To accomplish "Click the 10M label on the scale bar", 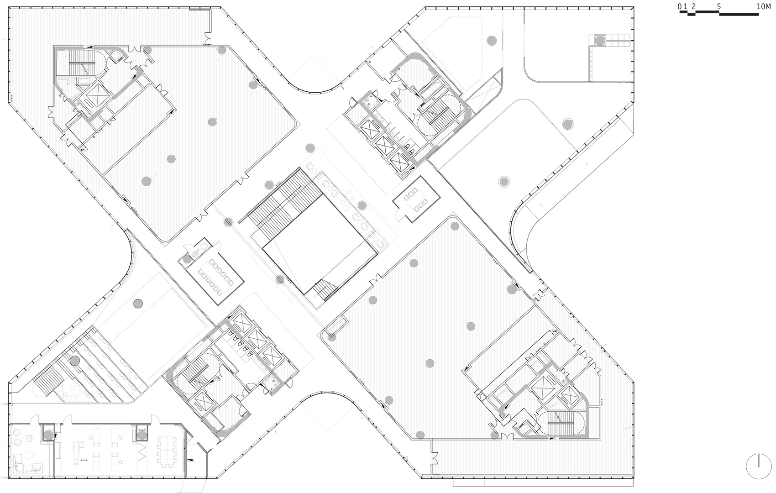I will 763,6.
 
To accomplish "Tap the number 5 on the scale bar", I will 719,6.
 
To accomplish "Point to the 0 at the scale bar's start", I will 679,6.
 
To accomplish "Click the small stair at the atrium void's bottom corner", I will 325,288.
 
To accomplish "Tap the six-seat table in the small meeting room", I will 417,200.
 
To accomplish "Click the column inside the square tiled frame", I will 600,41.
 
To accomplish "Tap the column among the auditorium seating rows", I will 74,361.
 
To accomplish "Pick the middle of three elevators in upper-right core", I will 383,145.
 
